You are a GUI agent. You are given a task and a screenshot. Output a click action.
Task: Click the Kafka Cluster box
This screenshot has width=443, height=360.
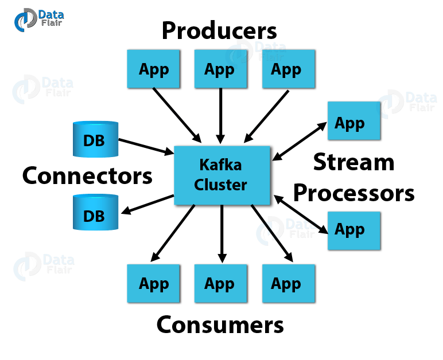(x=221, y=175)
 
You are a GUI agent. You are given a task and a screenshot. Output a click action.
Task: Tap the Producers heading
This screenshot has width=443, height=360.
(x=219, y=30)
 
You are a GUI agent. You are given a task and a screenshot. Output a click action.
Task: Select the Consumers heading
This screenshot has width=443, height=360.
(x=220, y=324)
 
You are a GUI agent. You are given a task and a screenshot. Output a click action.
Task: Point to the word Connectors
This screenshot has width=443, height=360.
(x=87, y=175)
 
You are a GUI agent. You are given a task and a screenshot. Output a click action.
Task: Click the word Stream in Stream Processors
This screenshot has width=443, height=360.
(x=353, y=163)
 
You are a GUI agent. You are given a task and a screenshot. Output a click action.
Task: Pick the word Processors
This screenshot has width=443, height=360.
(x=353, y=193)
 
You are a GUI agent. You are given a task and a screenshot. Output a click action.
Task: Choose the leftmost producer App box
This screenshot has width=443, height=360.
(x=154, y=69)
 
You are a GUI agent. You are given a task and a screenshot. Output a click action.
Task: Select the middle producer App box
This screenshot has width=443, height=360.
(x=220, y=69)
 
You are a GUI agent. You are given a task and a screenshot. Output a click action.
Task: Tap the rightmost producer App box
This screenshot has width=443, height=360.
(x=287, y=69)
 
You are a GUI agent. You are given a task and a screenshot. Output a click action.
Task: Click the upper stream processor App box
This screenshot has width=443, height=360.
(x=353, y=122)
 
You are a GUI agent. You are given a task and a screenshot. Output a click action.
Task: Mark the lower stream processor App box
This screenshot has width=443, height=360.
(x=353, y=230)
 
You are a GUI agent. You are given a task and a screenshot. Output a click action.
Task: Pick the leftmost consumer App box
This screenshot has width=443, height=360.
(x=154, y=284)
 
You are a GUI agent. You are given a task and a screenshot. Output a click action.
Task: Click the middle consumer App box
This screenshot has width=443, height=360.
(x=220, y=284)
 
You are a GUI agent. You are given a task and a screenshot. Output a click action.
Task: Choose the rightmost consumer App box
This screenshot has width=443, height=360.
(x=287, y=284)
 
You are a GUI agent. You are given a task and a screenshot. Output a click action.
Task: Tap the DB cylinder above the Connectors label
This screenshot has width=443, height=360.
(x=95, y=139)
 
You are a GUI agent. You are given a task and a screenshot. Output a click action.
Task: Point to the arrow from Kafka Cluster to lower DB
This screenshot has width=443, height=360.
(x=147, y=205)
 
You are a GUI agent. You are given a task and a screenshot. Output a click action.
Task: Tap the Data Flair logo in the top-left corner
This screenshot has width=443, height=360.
(x=38, y=18)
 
